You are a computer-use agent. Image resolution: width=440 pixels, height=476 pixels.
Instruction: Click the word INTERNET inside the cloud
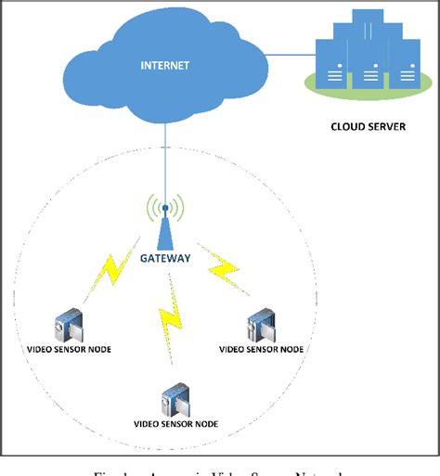tap(165, 66)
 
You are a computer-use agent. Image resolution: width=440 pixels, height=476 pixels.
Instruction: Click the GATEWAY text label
tap(166, 260)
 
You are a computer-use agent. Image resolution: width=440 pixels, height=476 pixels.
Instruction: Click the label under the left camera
tap(69, 349)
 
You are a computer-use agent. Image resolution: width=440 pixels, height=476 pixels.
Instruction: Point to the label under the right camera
tap(261, 350)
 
